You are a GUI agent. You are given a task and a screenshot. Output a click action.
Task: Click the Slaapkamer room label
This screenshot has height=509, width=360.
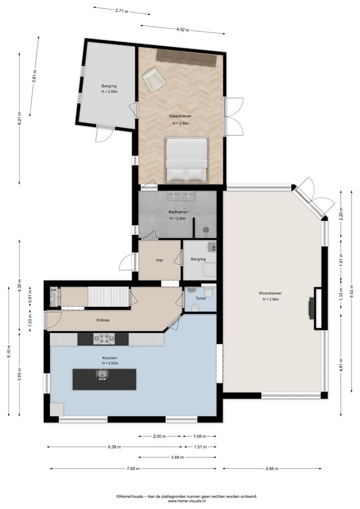[180, 116]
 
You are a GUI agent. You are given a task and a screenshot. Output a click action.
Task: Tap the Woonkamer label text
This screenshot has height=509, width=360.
[270, 293]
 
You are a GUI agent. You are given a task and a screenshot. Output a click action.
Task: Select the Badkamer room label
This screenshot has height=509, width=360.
[178, 212]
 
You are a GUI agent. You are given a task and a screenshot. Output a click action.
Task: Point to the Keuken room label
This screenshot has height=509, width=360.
[109, 358]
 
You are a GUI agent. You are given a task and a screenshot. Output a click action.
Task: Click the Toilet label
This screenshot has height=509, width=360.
[200, 299]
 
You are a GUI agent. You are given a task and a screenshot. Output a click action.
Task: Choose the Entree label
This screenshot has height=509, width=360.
[103, 320]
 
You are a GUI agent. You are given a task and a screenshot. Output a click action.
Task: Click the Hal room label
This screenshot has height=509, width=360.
[159, 260]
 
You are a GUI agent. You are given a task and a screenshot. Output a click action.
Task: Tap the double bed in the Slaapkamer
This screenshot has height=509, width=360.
[186, 160]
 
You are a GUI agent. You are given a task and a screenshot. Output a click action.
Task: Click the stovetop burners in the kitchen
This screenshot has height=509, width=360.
[104, 339]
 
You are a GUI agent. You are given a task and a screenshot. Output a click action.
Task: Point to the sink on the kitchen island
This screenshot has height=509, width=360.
[102, 375]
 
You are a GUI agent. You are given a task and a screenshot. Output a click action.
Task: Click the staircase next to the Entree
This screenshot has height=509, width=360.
[109, 296]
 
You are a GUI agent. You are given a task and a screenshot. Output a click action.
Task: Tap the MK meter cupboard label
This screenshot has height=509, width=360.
[54, 290]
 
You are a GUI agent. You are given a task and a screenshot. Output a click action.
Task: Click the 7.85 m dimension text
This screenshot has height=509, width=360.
[133, 468]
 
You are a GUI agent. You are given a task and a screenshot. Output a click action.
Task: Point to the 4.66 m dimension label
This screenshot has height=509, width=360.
[272, 468]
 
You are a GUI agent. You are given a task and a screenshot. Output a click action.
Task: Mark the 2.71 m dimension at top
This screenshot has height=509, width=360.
[122, 11]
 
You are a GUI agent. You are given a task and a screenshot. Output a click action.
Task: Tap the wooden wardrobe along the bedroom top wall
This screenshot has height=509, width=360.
[186, 58]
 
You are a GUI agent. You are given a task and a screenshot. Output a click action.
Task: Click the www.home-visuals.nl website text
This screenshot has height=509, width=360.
[187, 501]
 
